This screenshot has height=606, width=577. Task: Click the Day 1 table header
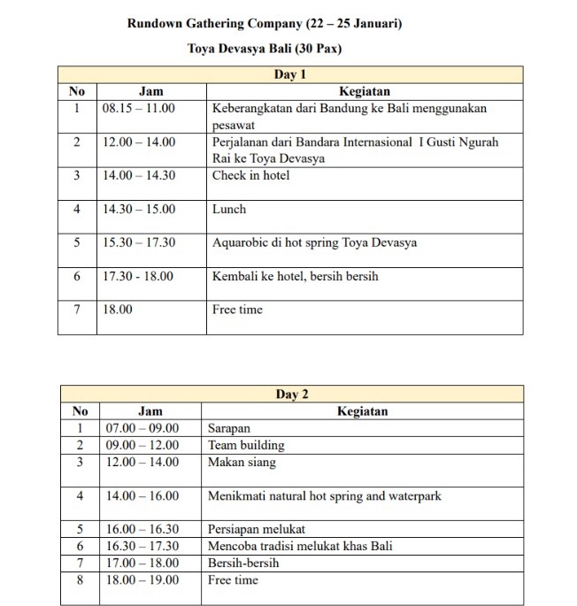pyautogui.click(x=290, y=75)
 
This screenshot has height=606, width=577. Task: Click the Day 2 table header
pyautogui.click(x=292, y=395)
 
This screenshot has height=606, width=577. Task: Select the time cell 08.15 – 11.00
pyautogui.click(x=139, y=108)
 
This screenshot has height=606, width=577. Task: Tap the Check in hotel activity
pyautogui.click(x=250, y=175)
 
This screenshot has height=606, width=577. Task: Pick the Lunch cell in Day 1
pyautogui.click(x=229, y=209)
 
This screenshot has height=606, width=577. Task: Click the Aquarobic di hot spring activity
pyautogui.click(x=314, y=242)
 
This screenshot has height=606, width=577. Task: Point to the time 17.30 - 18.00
pyautogui.click(x=138, y=276)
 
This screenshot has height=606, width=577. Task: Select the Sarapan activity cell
pyautogui.click(x=229, y=429)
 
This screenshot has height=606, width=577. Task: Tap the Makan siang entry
pyautogui.click(x=242, y=463)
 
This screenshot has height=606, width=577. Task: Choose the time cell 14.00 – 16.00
pyautogui.click(x=142, y=496)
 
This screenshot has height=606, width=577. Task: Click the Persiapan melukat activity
pyautogui.click(x=256, y=530)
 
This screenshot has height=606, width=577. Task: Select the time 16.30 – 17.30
pyautogui.click(x=142, y=547)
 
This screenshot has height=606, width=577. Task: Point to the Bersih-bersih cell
pyautogui.click(x=243, y=564)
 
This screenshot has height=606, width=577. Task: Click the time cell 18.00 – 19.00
pyautogui.click(x=142, y=580)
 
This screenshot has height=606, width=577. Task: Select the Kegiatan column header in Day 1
pyautogui.click(x=364, y=91)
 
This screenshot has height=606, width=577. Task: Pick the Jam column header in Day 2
pyautogui.click(x=150, y=411)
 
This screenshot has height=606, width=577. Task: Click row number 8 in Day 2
pyautogui.click(x=80, y=580)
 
